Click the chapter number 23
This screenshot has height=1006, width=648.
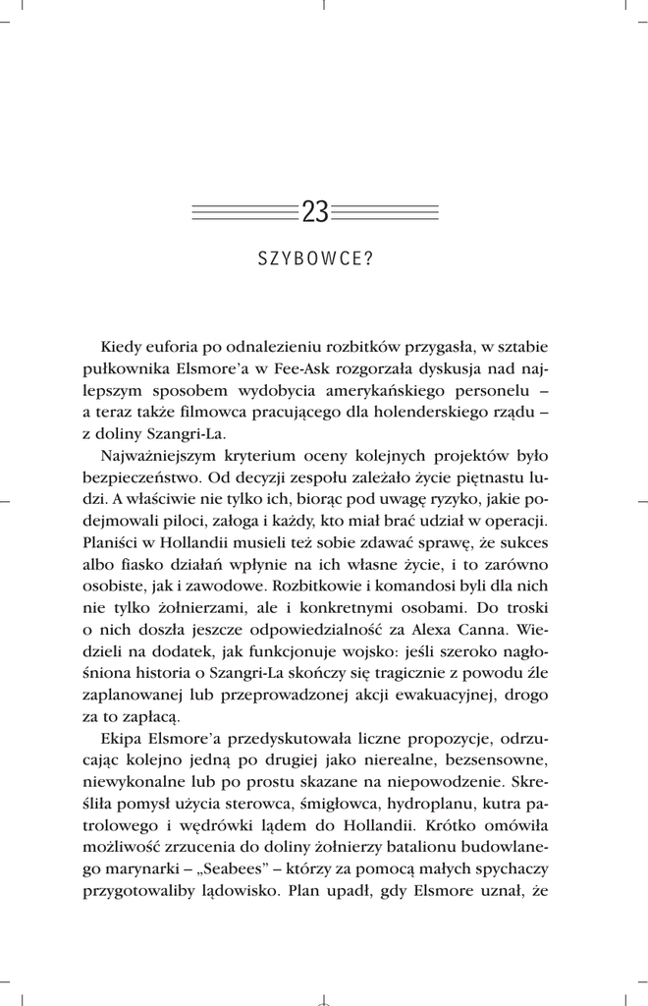pos(315,211)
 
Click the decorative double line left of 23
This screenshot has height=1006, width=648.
pos(244,211)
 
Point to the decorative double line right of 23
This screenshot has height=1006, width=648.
pos(385,211)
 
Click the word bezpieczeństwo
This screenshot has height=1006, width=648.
pos(142,477)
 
